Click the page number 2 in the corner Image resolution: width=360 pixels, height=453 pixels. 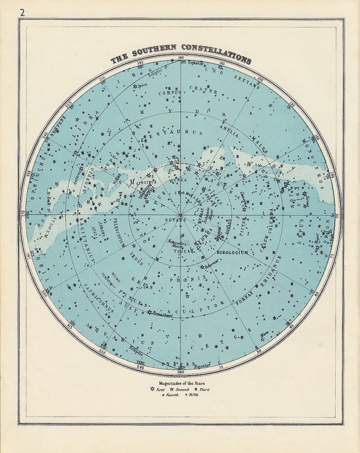pos(23,12)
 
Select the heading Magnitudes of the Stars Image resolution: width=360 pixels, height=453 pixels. pos(181,383)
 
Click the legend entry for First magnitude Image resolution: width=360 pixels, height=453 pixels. pos(157,390)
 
